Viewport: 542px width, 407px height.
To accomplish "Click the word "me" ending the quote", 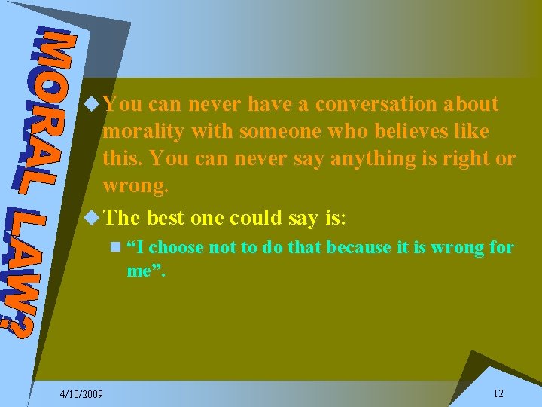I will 139,271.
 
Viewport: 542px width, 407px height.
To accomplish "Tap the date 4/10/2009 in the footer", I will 82,394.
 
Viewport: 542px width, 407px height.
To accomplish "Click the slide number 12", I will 498,393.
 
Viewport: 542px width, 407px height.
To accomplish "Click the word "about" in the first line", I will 472,104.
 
